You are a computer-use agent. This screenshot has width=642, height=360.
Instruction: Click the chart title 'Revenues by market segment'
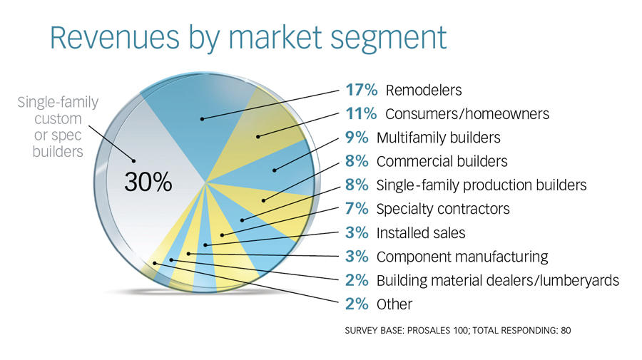[248, 38]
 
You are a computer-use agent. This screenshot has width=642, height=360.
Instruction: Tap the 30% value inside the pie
[148, 182]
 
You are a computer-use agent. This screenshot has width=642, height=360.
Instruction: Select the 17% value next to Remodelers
[361, 90]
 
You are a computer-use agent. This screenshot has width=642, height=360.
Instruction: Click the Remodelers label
[424, 90]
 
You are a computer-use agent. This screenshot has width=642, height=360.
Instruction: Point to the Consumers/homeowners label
[467, 114]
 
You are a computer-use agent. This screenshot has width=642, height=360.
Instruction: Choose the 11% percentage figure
[361, 113]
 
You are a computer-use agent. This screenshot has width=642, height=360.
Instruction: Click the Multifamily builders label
[439, 138]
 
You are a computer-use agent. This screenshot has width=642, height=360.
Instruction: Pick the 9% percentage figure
[357, 137]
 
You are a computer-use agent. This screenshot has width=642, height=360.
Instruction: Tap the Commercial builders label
[442, 161]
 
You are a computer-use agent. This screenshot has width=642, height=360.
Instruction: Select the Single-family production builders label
[481, 185]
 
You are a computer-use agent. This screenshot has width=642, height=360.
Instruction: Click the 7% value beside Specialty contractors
[357, 209]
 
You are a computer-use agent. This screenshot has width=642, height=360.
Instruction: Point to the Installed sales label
[421, 233]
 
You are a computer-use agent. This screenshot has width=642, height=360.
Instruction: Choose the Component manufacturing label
[462, 257]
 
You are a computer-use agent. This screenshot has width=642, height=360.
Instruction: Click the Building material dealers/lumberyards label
[498, 281]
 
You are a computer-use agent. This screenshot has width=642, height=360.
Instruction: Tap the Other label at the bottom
[394, 304]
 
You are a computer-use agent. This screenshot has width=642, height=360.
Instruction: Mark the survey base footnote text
[458, 330]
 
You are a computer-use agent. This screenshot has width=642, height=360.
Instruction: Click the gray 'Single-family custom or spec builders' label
[58, 126]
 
